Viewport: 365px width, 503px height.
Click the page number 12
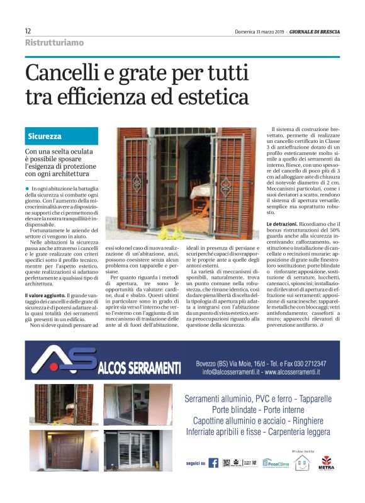tap(28, 31)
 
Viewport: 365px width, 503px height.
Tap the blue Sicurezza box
tap(62, 136)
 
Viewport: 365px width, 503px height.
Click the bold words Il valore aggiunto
tap(43, 295)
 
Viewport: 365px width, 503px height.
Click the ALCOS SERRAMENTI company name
tap(140, 368)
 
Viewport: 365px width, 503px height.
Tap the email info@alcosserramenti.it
tap(231, 372)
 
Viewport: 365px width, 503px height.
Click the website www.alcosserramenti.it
tap(292, 372)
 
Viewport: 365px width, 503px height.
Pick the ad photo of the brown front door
tap(65, 449)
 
